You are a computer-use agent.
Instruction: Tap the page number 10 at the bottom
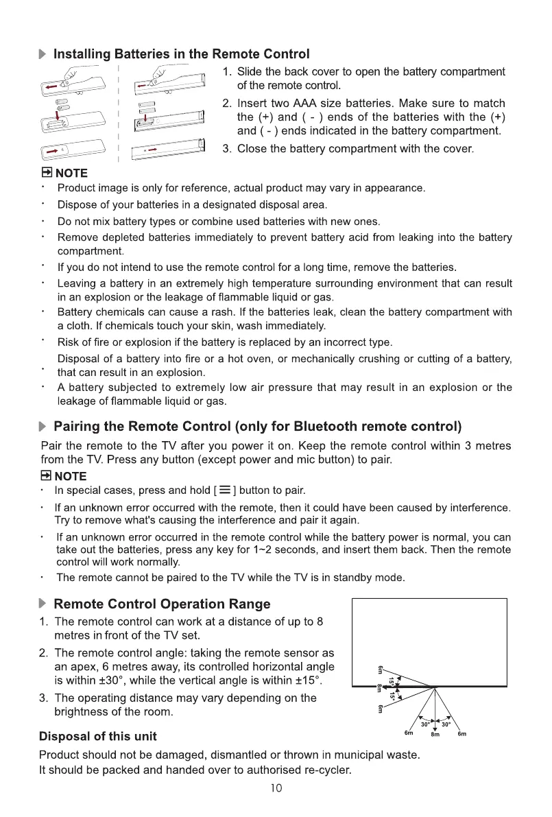tap(276, 788)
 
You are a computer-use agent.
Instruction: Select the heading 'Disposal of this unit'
tap(98, 736)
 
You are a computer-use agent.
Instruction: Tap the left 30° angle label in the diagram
tap(426, 723)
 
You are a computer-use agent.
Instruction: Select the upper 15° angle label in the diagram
tap(391, 681)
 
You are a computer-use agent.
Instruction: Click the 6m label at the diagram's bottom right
tap(461, 733)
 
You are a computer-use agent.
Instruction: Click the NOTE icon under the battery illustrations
tap(45, 173)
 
